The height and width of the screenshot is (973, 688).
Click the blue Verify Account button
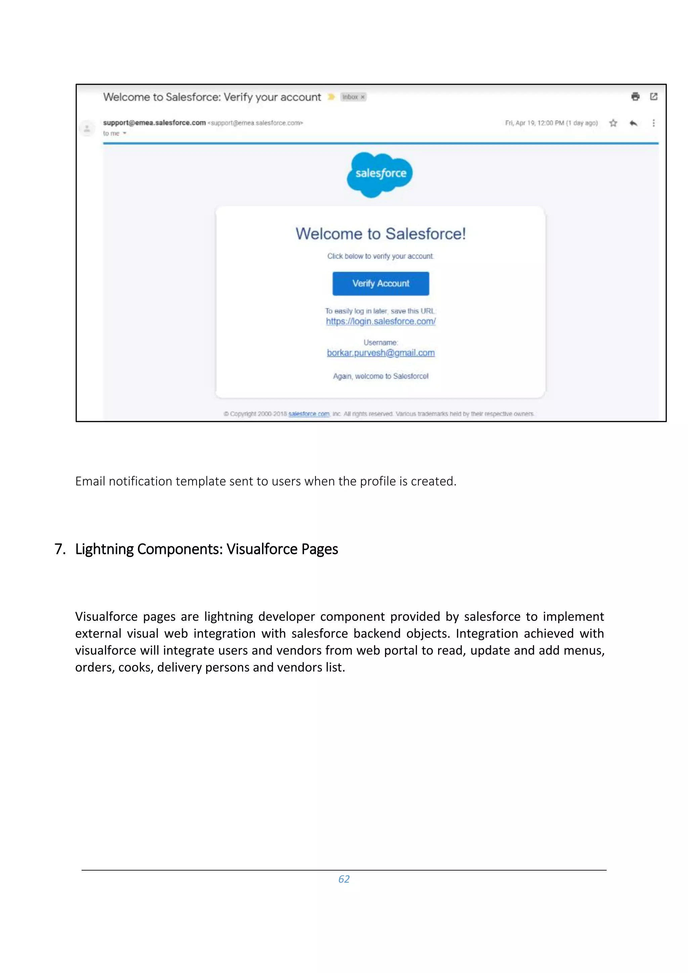click(380, 283)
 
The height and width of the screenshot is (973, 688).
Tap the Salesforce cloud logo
click(380, 174)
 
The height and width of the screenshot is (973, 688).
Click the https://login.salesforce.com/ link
click(380, 321)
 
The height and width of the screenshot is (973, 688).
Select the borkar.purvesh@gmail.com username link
click(380, 353)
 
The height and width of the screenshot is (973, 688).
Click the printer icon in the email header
click(635, 97)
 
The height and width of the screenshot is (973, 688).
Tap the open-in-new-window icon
click(654, 97)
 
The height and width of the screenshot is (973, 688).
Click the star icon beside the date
click(613, 123)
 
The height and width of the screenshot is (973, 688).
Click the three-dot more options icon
click(653, 123)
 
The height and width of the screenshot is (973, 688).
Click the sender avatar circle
click(87, 128)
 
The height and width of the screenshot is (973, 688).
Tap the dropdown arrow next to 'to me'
click(125, 133)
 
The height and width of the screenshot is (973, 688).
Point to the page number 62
click(344, 879)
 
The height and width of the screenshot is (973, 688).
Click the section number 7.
click(60, 549)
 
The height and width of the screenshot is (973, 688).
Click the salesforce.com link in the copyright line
click(309, 414)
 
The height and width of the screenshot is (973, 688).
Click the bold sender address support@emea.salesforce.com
click(154, 123)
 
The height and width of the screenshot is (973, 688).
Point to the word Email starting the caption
click(90, 481)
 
